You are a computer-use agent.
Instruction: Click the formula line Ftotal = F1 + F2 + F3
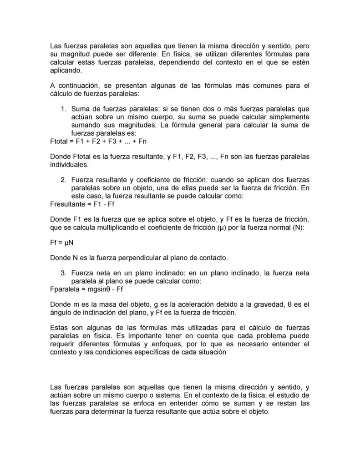tap(98, 141)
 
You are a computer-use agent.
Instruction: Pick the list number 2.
tap(63, 179)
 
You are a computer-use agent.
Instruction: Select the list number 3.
tap(63, 273)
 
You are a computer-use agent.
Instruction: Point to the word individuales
tap(68, 164)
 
